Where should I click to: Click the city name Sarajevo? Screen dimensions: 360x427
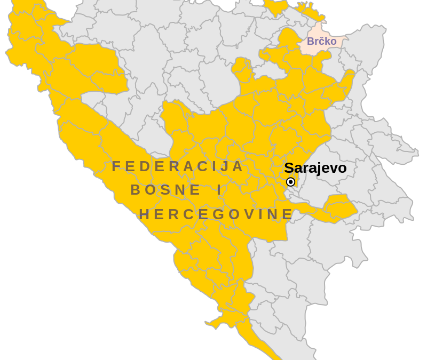[x=315, y=168]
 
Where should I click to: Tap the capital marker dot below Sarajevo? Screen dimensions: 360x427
[x=290, y=182]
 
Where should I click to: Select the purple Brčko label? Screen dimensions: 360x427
[x=321, y=41]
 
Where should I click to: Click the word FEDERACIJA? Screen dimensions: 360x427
[x=178, y=166]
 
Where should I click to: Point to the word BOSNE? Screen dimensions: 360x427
[x=165, y=190]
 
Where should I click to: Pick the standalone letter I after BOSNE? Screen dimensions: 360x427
[x=219, y=190]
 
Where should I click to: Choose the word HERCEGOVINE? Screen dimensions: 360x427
[x=216, y=214]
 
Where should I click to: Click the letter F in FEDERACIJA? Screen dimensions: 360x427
[x=116, y=166]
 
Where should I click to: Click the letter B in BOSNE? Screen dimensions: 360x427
[x=136, y=190]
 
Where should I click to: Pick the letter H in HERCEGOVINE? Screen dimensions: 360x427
[x=144, y=214]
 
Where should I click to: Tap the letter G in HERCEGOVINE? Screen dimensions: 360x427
[x=215, y=214]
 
